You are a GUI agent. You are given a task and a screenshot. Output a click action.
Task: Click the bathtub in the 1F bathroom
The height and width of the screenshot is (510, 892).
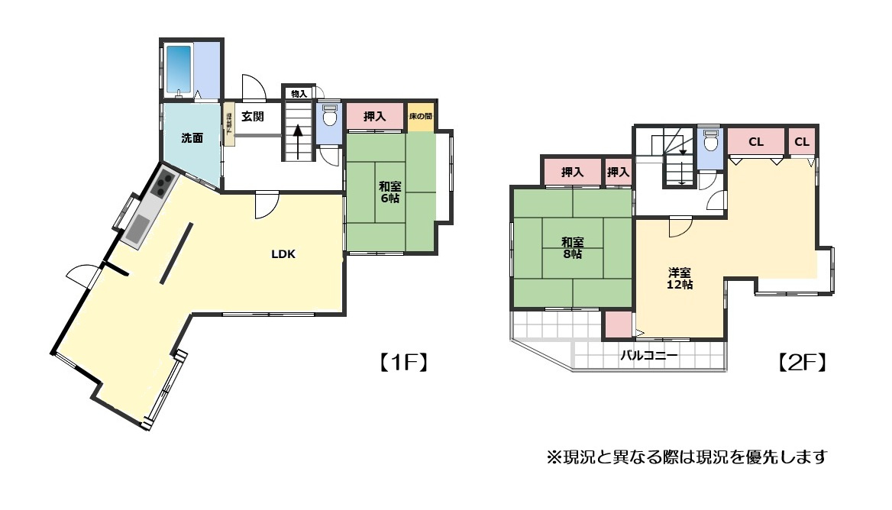tap(179, 69)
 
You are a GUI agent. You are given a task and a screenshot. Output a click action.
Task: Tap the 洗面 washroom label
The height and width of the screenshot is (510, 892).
tap(192, 138)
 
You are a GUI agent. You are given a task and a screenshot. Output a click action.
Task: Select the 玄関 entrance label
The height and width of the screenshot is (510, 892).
tap(253, 117)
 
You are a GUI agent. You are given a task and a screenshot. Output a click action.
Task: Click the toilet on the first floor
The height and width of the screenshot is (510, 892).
tap(330, 118)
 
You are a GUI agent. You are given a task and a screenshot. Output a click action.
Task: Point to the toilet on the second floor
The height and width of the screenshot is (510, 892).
tap(710, 141)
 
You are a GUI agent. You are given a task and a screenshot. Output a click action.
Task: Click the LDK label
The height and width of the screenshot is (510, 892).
tap(283, 254)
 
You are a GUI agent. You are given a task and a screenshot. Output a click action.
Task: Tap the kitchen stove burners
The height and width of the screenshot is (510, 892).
tap(164, 184)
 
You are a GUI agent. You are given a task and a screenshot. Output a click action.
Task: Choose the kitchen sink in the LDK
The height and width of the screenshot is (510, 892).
tap(138, 228)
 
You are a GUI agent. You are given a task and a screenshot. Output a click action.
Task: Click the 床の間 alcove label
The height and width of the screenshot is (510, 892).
tap(420, 117)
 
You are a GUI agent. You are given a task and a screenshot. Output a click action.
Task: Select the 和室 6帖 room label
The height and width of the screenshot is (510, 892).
tap(389, 191)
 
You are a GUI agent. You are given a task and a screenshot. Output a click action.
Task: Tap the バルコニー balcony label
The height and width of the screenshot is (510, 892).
tap(648, 355)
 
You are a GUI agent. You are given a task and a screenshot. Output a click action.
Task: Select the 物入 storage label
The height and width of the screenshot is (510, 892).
tap(299, 94)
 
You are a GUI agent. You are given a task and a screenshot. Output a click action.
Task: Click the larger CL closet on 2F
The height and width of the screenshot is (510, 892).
tap(756, 142)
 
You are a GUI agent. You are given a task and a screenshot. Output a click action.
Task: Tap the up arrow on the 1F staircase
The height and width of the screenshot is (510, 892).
tap(299, 140)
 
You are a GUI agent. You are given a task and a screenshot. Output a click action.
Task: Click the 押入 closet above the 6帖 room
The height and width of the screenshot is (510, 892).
tap(374, 117)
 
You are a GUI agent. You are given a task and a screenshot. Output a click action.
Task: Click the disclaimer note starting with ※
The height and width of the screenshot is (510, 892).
tap(687, 457)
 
